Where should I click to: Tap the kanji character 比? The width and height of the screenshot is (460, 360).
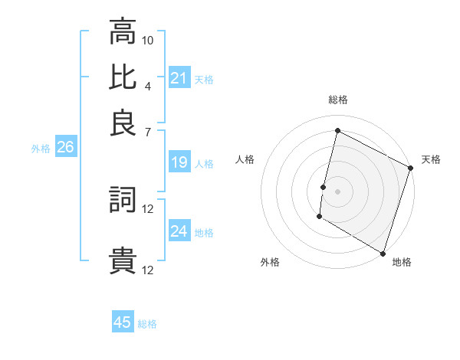123,77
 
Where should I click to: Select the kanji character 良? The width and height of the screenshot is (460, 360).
123,123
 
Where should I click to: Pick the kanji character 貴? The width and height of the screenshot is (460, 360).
123,261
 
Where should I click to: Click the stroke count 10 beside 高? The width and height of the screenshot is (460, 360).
148,39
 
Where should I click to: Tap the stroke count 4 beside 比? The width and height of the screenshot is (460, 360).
148,85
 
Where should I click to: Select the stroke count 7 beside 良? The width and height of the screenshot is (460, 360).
148,131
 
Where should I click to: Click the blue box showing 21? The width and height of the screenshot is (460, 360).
179,78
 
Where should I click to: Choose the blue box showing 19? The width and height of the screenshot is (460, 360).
179,162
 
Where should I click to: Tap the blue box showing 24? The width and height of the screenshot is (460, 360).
179,231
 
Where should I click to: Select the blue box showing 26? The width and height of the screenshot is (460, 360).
65,147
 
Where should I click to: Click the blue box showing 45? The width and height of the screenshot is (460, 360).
123,322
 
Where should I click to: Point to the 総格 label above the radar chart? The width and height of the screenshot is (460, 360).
338,100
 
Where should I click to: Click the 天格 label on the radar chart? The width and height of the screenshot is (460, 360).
431,159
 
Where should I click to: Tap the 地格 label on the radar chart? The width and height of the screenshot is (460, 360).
402,262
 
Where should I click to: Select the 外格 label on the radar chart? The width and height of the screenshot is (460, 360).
270,262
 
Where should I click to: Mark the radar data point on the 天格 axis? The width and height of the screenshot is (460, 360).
410,168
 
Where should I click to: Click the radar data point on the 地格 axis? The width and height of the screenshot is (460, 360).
383,252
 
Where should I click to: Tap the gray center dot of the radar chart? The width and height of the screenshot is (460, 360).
338,191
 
